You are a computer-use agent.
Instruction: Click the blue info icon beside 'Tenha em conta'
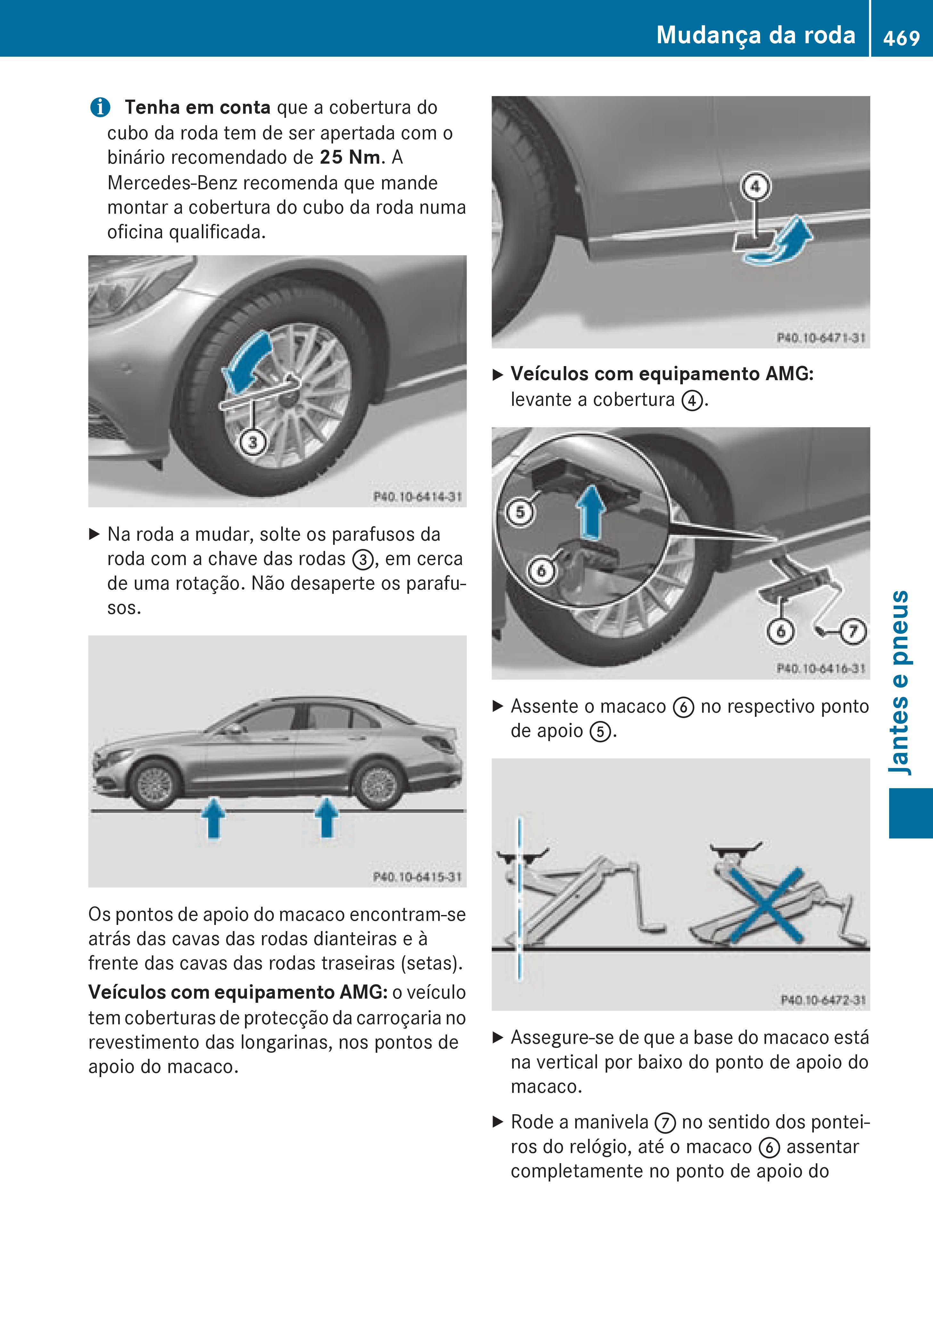pyautogui.click(x=100, y=108)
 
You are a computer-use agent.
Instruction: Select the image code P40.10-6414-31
pyautogui.click(x=417, y=496)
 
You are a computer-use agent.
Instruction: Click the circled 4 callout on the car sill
pyautogui.click(x=755, y=187)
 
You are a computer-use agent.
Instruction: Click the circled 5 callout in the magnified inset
pyautogui.click(x=520, y=512)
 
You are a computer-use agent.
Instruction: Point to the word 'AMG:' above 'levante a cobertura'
pyautogui.click(x=790, y=374)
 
